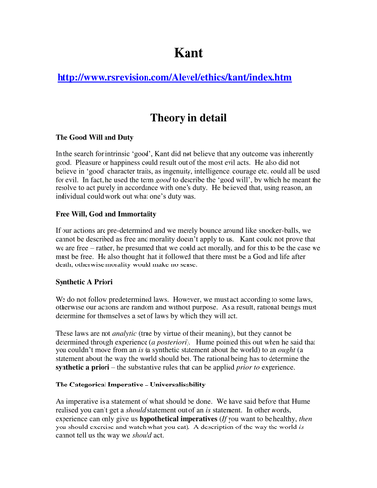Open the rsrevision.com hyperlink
(x=188, y=76)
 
